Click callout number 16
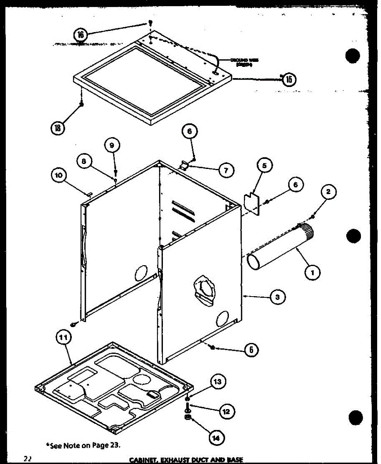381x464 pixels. click(81, 35)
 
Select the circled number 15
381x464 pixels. click(289, 79)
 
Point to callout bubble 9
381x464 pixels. click(112, 146)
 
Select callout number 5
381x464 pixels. click(264, 166)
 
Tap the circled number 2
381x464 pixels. click(328, 191)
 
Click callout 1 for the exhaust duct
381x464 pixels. click(312, 273)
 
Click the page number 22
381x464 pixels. click(27, 459)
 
